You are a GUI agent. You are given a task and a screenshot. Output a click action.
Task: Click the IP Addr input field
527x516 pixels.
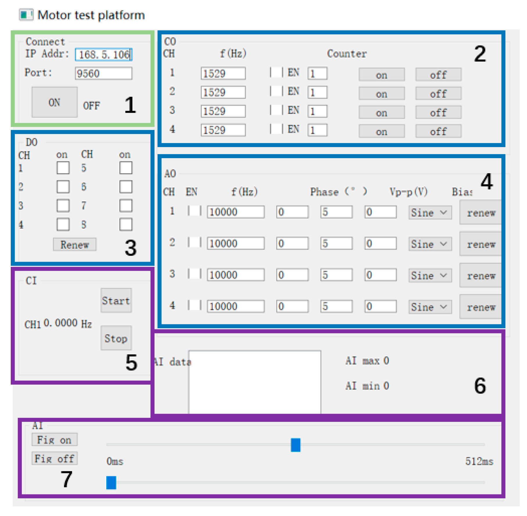103,54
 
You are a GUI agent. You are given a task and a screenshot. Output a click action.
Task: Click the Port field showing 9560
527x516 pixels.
103,73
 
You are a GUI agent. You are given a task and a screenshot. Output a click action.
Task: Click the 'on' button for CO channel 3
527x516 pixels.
381,113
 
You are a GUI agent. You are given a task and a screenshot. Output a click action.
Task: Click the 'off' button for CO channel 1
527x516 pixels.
438,75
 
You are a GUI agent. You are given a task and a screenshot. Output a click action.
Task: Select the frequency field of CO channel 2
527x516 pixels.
223,92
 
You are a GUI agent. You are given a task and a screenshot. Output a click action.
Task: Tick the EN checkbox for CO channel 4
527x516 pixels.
276,129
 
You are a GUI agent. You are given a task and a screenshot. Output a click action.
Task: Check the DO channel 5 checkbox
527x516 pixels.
126,168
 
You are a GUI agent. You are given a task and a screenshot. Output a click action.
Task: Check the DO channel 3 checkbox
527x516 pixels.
63,206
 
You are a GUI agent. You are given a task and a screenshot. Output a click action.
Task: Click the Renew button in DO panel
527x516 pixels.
75,244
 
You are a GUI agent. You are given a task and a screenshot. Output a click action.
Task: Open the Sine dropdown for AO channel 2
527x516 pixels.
429,244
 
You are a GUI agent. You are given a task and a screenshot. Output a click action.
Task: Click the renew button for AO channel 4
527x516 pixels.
481,307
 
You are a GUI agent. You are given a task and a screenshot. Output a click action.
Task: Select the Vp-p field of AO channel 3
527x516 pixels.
336,275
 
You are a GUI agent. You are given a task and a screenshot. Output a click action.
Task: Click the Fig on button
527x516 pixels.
54,440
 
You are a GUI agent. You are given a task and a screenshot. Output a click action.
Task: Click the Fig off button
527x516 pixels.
54,458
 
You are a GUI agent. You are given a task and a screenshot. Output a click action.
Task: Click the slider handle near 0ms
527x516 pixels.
111,482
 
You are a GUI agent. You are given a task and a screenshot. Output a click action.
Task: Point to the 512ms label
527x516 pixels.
479,461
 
